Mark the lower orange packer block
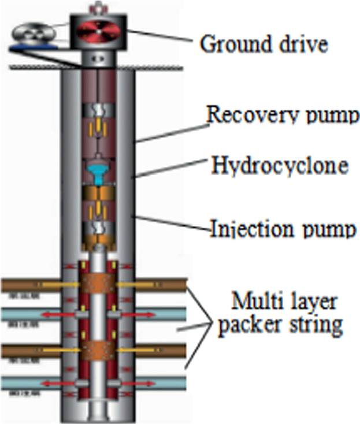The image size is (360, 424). coord(98,349)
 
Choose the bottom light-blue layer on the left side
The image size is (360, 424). coord(32,382)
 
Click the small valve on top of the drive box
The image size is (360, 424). coord(97,8)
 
